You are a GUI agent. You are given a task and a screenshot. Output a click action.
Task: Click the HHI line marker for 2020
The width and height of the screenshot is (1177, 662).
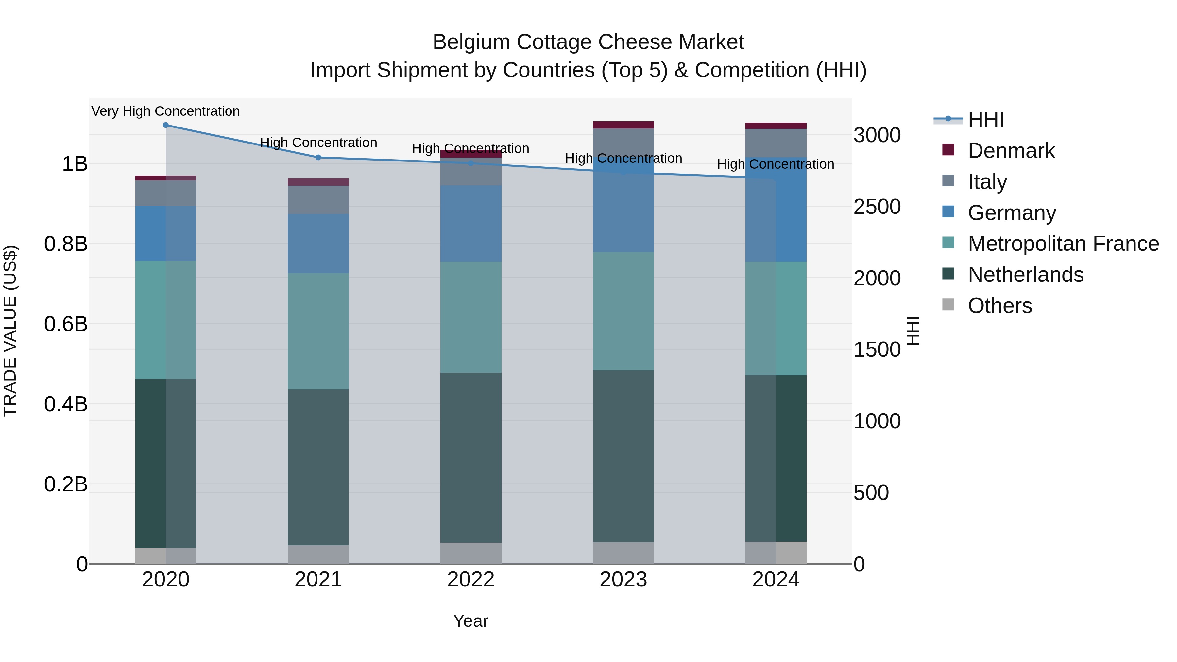click(166, 125)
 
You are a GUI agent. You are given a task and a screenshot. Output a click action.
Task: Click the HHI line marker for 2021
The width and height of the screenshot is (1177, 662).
click(318, 157)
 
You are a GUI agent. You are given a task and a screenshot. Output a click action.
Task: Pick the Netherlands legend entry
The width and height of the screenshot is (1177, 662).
click(1025, 275)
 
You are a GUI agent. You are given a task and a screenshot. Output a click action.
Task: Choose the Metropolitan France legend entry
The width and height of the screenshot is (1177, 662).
click(1063, 244)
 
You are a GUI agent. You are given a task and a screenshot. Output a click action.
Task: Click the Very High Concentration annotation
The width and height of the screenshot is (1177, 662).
click(165, 111)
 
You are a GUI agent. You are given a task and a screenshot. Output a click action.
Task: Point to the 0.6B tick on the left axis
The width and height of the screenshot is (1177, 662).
click(66, 324)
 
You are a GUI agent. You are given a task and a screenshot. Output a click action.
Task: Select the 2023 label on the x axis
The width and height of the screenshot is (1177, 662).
click(623, 579)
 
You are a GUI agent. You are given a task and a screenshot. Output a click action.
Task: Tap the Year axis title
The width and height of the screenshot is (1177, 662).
click(470, 621)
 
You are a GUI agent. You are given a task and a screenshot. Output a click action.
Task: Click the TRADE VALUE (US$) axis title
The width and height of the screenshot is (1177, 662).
click(10, 331)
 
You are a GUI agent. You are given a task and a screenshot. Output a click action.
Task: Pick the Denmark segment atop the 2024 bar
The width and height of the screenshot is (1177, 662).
click(776, 126)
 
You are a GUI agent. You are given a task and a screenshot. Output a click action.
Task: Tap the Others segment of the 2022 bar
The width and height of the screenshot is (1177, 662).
click(470, 553)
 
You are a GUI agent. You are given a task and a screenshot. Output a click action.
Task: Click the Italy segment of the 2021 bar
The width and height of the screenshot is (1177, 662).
click(318, 200)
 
